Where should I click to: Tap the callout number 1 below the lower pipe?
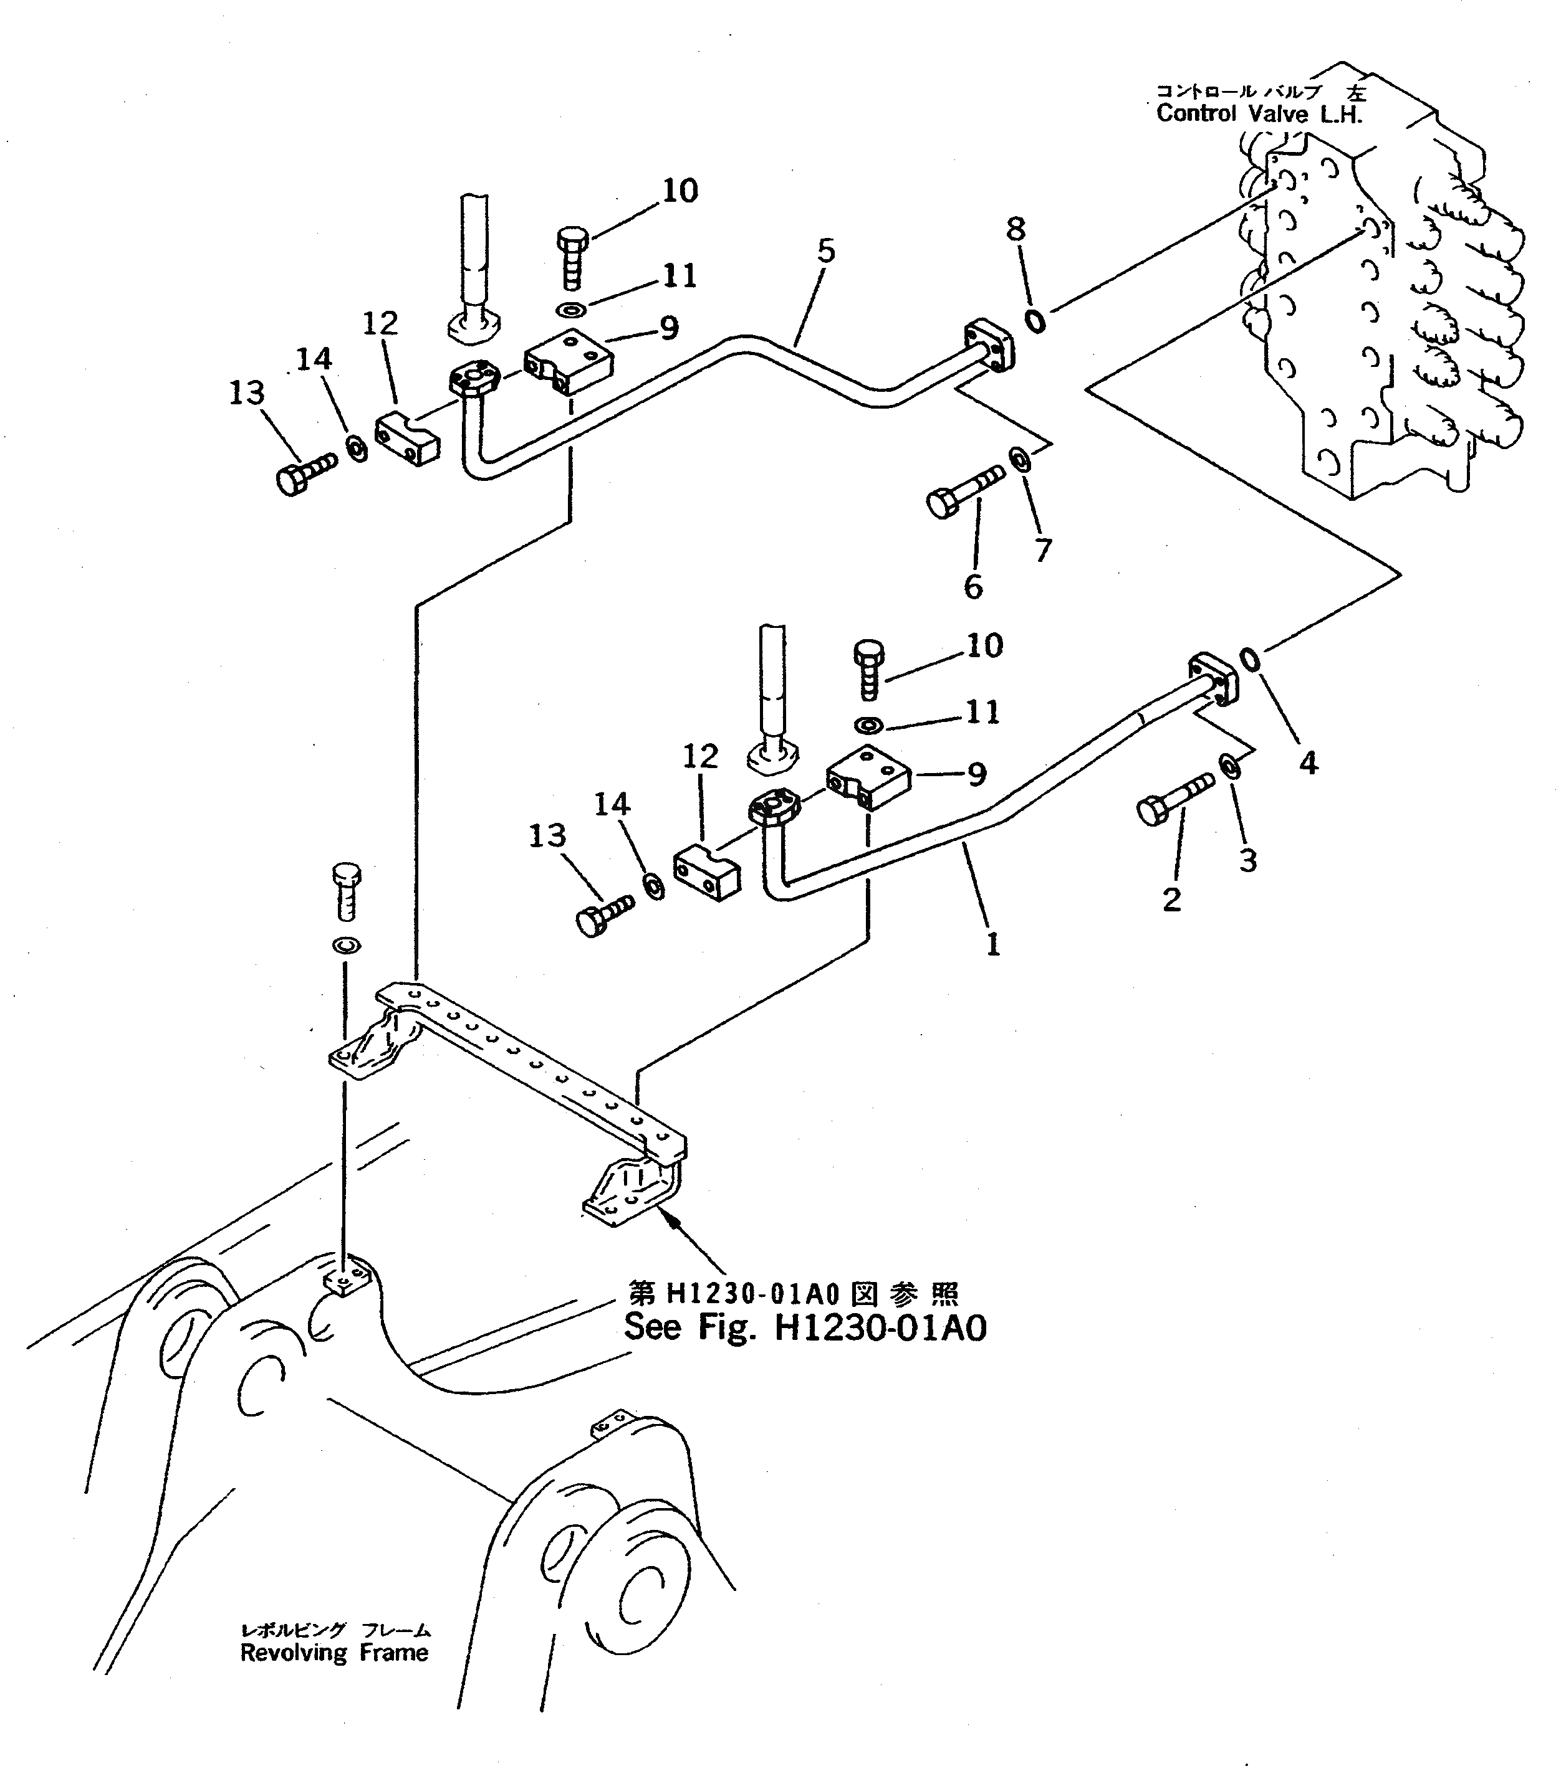[993, 944]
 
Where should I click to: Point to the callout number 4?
[1309, 763]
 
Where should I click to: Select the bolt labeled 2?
[1171, 799]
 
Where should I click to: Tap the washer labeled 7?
[1020, 460]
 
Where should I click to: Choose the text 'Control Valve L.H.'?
[1259, 113]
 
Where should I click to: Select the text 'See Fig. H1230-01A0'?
[805, 1351]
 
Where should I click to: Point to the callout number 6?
[973, 587]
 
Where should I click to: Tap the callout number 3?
[1247, 860]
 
